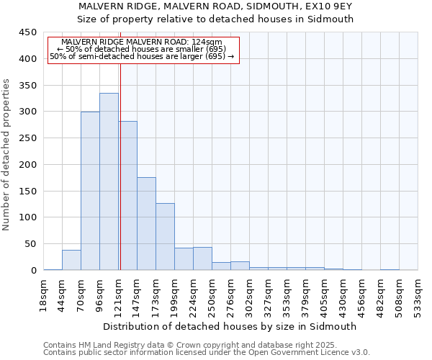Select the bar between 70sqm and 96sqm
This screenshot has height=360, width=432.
click(x=90, y=191)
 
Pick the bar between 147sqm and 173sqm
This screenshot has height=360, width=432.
click(x=146, y=223)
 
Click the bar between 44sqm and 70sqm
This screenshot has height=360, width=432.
click(x=71, y=260)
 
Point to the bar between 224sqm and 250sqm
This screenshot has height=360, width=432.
click(x=202, y=258)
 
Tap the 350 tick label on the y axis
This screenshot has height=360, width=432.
click(x=27, y=85)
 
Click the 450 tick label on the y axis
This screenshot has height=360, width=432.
click(x=27, y=32)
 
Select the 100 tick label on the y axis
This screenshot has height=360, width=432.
click(x=27, y=217)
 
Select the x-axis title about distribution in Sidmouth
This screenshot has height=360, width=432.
click(x=231, y=326)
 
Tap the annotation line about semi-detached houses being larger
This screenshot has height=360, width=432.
click(x=142, y=56)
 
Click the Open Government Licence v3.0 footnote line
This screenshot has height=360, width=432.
click(x=206, y=353)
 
